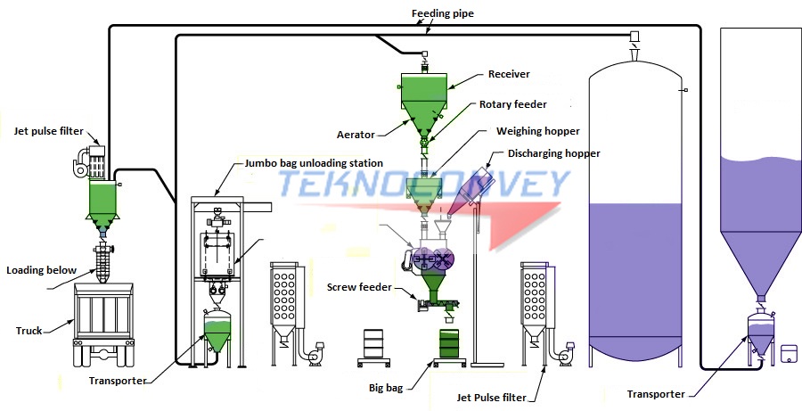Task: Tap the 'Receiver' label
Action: point(509,74)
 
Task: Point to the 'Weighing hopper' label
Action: point(537,131)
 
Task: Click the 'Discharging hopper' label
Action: point(553,153)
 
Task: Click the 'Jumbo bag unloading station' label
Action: point(313,163)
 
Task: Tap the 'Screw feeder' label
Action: point(355,287)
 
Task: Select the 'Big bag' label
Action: point(389,388)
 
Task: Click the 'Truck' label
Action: point(29,331)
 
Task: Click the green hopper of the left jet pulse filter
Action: point(103,201)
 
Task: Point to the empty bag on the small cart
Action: point(374,343)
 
